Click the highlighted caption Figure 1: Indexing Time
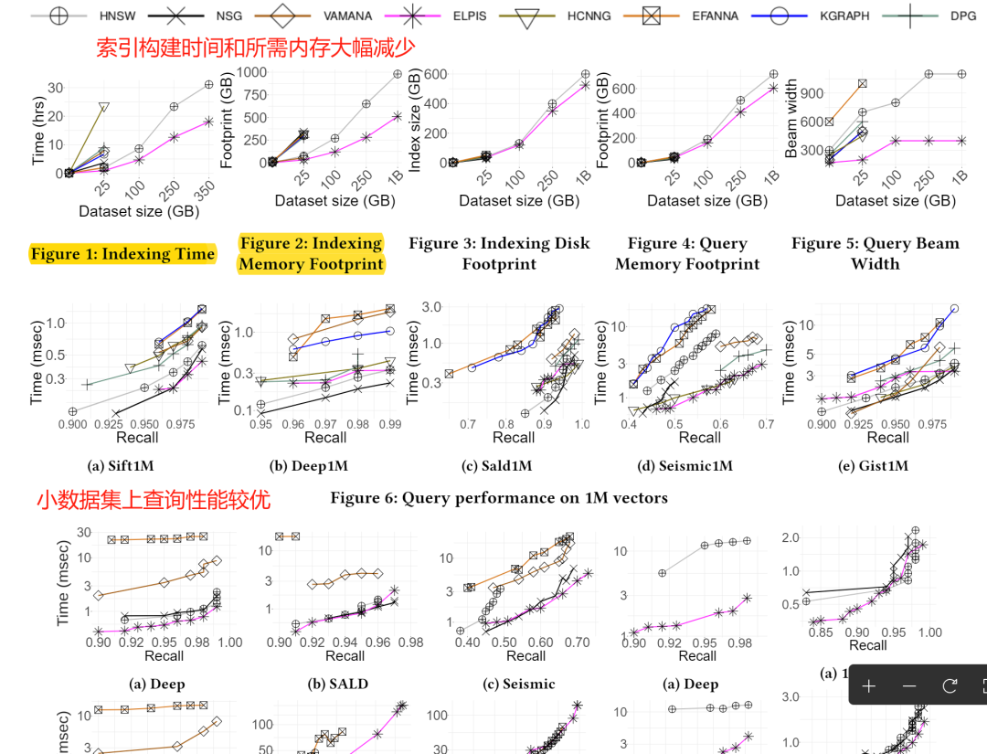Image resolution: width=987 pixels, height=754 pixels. (x=123, y=254)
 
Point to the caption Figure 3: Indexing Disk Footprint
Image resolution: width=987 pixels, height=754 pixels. (x=499, y=253)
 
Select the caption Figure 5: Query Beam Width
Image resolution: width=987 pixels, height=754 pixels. (x=875, y=253)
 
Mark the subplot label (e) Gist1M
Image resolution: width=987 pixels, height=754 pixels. (x=876, y=466)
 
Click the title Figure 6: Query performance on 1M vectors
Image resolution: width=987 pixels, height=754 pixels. (x=499, y=498)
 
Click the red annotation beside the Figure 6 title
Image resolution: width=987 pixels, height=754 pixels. (x=154, y=499)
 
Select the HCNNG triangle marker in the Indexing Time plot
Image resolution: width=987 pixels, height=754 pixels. (x=104, y=108)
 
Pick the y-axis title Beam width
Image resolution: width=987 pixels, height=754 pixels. (x=791, y=119)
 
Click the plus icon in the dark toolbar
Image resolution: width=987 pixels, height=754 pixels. (x=869, y=685)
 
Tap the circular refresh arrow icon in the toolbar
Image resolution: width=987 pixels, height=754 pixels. (x=950, y=685)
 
